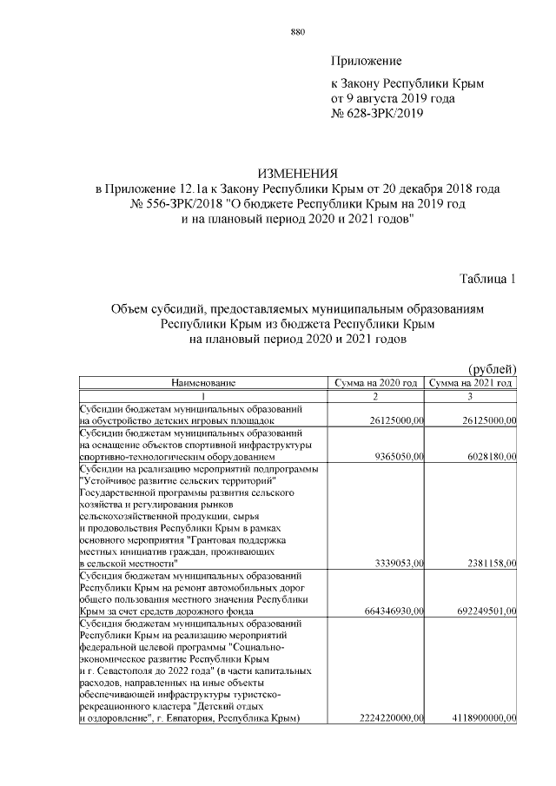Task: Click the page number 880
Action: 297,32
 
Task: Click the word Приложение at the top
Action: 366,61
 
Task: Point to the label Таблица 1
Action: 488,279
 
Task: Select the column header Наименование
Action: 203,382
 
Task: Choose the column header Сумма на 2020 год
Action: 376,382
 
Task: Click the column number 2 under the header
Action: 376,395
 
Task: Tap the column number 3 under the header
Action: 470,395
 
